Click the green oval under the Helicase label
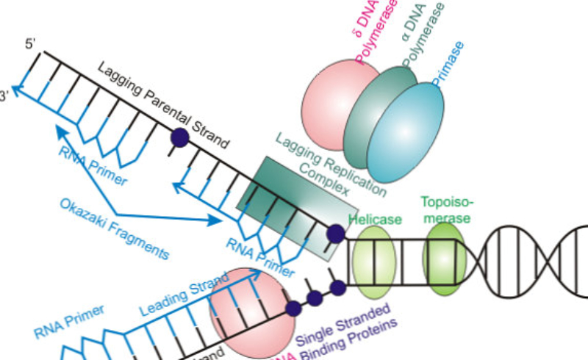(x=374, y=260)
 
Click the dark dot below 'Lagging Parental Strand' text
(x=179, y=137)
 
